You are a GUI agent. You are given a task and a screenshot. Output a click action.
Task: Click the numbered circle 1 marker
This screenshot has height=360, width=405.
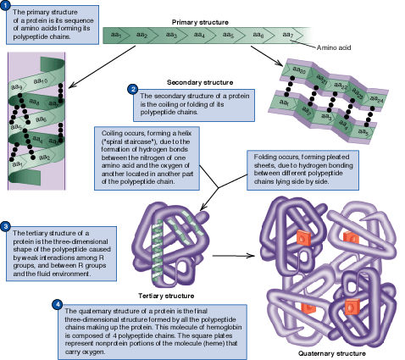click(x=6, y=6)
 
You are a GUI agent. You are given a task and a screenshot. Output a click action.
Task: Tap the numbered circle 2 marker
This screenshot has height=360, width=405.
click(x=132, y=88)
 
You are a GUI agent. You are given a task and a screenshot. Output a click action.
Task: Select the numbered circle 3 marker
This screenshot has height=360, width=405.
click(x=6, y=227)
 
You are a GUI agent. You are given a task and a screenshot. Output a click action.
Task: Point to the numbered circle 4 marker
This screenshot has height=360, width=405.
click(x=57, y=303)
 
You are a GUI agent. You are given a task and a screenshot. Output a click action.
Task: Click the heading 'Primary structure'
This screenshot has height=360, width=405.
click(x=199, y=20)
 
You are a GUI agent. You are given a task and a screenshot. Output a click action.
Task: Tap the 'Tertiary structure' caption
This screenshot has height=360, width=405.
click(x=167, y=296)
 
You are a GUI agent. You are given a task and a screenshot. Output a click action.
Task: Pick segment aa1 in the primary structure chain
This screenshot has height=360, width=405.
click(x=119, y=35)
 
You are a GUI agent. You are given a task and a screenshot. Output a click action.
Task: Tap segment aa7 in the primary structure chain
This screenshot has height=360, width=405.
click(x=286, y=35)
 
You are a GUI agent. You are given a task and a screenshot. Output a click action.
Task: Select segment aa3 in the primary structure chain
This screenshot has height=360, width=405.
click(x=172, y=35)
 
